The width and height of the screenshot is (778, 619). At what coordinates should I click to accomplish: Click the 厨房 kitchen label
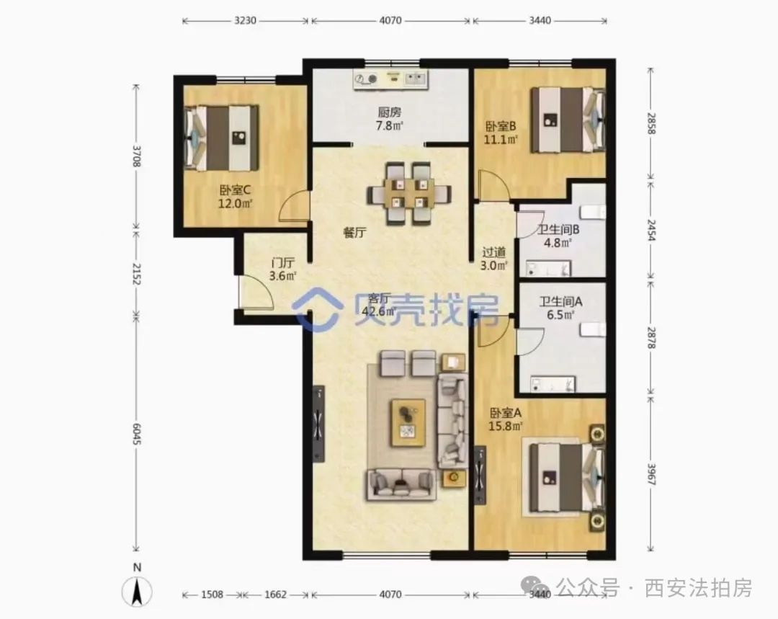click(x=390, y=112)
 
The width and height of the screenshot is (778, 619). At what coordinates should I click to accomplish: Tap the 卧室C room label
click(x=235, y=190)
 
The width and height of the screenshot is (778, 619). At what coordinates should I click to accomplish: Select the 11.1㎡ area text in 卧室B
click(x=501, y=140)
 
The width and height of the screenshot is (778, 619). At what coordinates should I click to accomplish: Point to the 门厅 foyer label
click(x=283, y=262)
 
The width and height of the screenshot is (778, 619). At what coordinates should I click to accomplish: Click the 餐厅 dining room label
click(x=354, y=232)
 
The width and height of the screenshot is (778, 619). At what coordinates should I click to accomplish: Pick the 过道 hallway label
click(x=493, y=252)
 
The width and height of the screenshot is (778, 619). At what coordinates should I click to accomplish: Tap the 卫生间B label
click(x=559, y=230)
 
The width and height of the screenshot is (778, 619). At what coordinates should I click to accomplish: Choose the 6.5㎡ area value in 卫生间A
click(x=560, y=315)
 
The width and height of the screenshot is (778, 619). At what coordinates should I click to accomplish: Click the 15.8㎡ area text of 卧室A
click(x=506, y=426)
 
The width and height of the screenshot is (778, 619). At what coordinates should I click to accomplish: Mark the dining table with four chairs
click(x=409, y=193)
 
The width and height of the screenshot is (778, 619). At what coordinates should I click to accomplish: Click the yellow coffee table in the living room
click(x=408, y=423)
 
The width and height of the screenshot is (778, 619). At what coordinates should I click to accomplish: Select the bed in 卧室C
click(x=221, y=138)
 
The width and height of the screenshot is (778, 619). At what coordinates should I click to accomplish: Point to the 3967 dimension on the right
click(x=651, y=474)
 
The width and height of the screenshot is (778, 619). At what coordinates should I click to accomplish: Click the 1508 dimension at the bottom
click(x=212, y=594)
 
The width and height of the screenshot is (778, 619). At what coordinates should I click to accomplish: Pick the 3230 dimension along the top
click(x=245, y=20)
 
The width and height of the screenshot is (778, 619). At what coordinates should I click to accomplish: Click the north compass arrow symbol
click(x=138, y=591)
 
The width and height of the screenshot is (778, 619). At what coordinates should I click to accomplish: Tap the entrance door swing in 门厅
click(x=256, y=292)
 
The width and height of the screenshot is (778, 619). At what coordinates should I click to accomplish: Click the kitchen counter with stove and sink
click(x=391, y=79)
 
